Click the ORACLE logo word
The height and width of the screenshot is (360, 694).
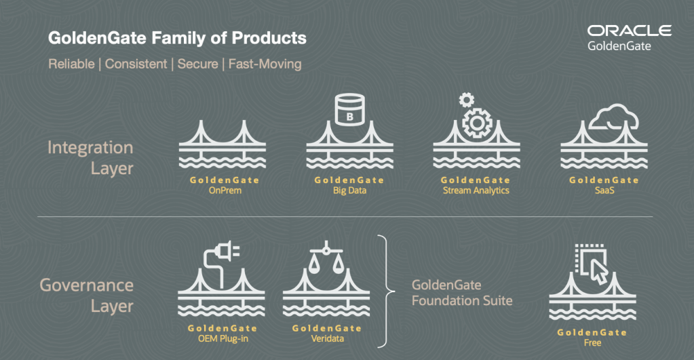[x=629, y=31]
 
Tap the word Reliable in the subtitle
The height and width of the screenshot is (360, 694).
[x=70, y=64]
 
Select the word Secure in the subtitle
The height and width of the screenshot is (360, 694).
[x=197, y=64]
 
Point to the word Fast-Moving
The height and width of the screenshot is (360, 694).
[x=265, y=64]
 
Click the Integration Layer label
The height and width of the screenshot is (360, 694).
[x=90, y=157]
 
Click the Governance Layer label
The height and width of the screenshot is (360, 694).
[x=87, y=295]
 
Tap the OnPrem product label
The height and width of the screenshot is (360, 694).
[x=225, y=191]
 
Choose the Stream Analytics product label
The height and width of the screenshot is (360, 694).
[x=476, y=191]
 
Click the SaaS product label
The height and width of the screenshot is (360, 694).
[x=604, y=191]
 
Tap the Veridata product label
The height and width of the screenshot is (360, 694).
[x=326, y=339]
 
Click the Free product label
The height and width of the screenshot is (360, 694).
[x=592, y=343]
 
